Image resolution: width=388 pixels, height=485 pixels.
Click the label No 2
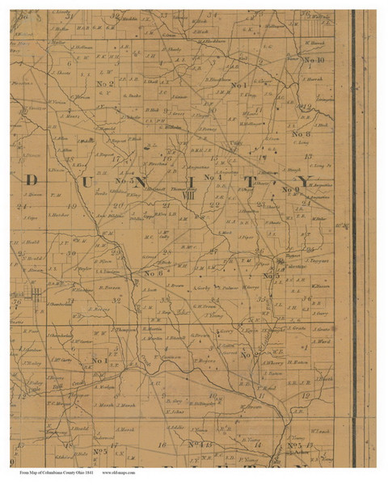pos(105,84)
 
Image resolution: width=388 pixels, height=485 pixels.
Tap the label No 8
pos(301,134)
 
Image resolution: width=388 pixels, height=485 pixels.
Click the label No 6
pos(154,272)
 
